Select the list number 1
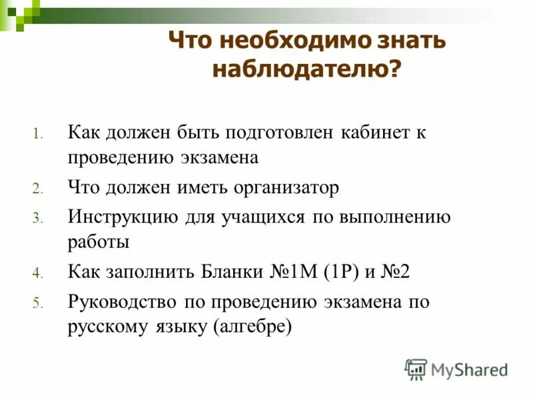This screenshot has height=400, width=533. coord(39,134)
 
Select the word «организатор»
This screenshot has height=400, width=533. coord(286,188)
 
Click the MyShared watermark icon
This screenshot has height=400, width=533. coord(416,369)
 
